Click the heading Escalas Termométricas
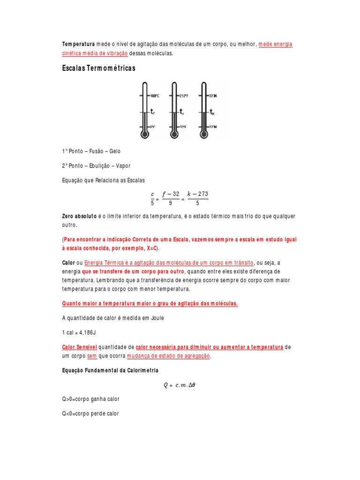click(98, 68)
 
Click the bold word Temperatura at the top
click(78, 44)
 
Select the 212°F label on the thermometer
click(183, 96)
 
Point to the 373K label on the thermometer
click(213, 96)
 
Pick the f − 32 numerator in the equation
click(171, 194)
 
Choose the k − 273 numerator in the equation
click(197, 194)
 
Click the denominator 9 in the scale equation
click(171, 203)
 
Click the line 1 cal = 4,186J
click(79, 332)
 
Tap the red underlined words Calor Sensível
click(79, 347)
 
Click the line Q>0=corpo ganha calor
click(91, 399)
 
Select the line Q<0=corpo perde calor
click(90, 413)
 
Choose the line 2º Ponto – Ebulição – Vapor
click(96, 166)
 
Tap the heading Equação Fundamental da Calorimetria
click(110, 370)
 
